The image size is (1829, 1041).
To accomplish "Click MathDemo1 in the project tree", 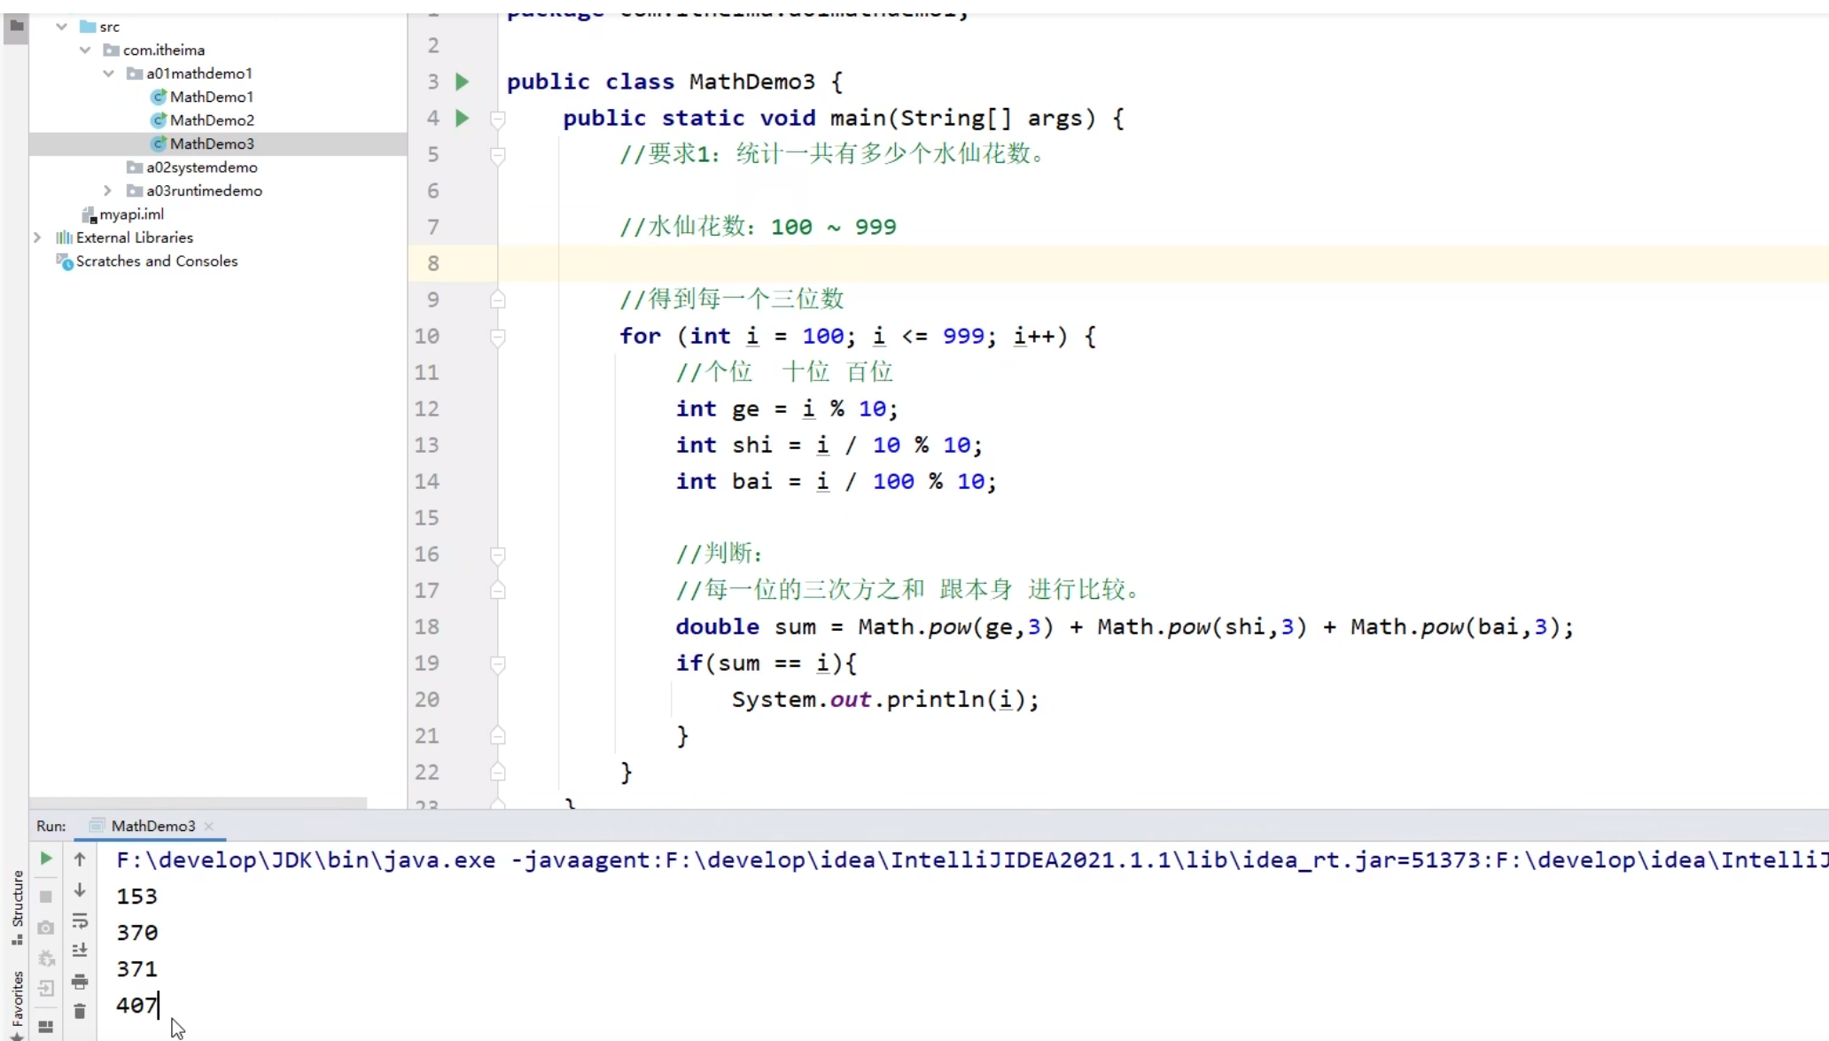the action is click(x=211, y=97).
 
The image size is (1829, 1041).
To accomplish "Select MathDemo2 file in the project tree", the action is click(x=211, y=120).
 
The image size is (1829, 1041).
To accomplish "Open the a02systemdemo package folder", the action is click(x=201, y=167).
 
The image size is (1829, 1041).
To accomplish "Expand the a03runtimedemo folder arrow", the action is click(x=107, y=190).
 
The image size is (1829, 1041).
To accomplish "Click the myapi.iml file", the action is click(x=131, y=214).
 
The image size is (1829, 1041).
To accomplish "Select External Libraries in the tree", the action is click(x=134, y=237).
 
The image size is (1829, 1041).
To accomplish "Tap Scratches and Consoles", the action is click(x=156, y=261).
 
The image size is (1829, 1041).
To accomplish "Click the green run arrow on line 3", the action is click(x=462, y=82).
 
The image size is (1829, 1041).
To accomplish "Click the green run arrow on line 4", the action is click(x=462, y=118).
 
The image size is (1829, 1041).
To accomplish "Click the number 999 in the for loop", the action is click(x=963, y=337).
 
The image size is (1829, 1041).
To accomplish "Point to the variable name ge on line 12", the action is click(x=745, y=409).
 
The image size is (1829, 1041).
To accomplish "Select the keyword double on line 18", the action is click(x=717, y=627).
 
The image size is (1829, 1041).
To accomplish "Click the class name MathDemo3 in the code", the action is click(x=751, y=82).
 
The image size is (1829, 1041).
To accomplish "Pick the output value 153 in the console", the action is click(x=136, y=897).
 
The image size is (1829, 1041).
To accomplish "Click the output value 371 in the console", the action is click(x=136, y=969).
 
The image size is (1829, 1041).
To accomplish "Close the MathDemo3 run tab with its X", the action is click(x=209, y=826).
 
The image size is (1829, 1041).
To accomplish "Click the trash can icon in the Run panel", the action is click(x=80, y=1011).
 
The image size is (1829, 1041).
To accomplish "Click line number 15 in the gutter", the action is click(x=427, y=517).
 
